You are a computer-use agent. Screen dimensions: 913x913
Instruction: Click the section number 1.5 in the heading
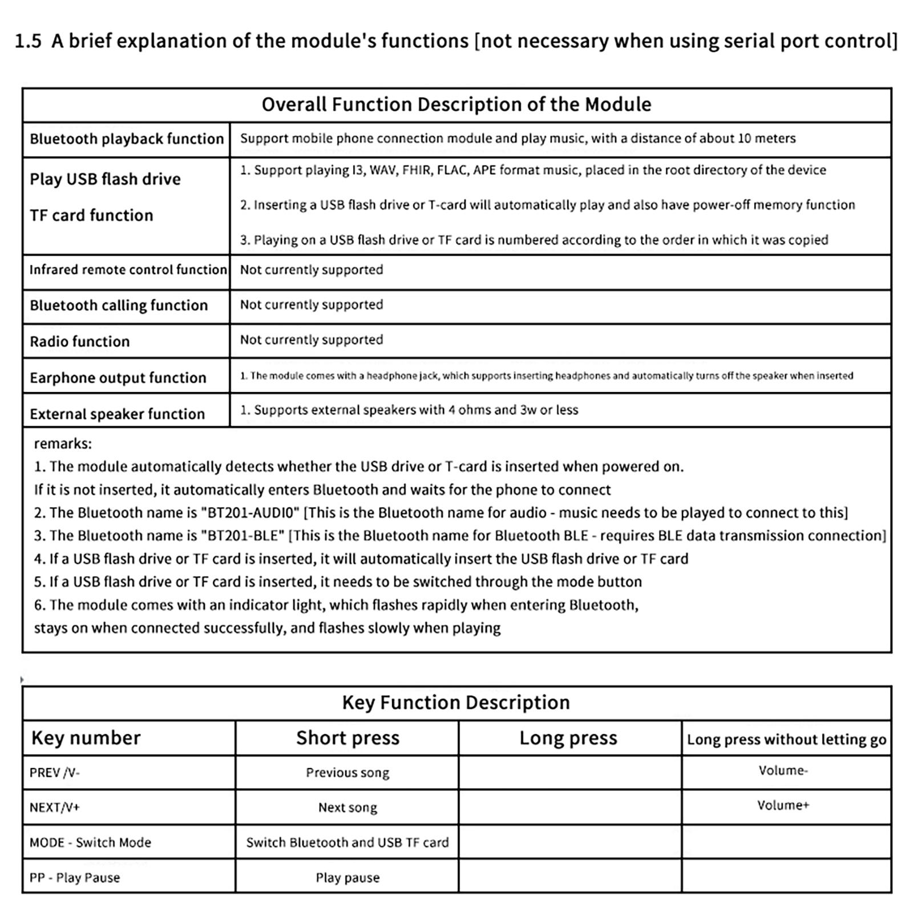tap(28, 41)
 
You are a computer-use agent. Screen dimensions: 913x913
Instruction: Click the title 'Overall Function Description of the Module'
tap(457, 104)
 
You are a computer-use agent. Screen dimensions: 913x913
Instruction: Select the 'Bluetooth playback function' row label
tap(127, 139)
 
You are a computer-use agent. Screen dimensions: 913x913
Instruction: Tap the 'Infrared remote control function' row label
tap(128, 269)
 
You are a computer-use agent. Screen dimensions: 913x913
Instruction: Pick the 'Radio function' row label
tap(80, 341)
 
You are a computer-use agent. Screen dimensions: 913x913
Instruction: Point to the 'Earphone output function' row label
tap(118, 378)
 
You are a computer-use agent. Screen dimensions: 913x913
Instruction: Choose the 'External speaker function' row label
tap(118, 414)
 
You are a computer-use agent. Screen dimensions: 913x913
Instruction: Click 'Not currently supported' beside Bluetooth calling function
tap(312, 305)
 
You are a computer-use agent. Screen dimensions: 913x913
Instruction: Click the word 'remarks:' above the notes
tap(63, 443)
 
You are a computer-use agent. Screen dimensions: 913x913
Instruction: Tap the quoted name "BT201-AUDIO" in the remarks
tap(250, 512)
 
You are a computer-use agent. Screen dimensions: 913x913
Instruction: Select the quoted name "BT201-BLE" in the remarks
tap(243, 535)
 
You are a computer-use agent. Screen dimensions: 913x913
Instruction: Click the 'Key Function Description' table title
tap(456, 702)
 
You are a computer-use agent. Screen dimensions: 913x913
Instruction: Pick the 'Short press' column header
tap(348, 738)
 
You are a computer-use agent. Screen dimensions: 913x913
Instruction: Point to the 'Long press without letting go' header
tap(786, 740)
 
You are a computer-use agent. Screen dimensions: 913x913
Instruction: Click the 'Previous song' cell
tap(348, 773)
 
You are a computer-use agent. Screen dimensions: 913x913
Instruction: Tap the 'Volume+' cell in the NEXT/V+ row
tap(783, 805)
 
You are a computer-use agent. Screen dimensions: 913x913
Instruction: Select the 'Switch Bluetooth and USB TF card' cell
tap(348, 842)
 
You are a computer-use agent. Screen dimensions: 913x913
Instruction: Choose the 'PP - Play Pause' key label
tap(75, 878)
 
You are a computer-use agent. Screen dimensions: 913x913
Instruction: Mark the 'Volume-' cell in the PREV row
tap(783, 770)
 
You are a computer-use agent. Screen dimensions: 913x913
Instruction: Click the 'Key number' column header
tap(86, 738)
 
